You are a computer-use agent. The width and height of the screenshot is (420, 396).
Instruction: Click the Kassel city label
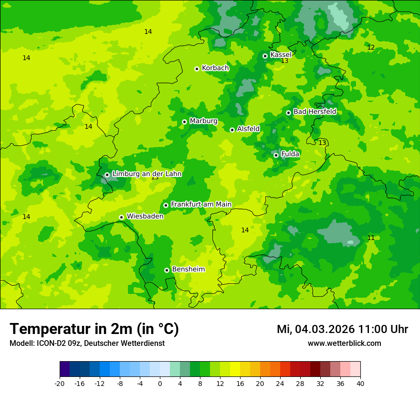coord(281,55)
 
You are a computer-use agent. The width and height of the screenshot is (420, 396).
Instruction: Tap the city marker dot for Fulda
coord(276,155)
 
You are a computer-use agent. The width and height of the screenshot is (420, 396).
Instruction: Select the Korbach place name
coord(215,68)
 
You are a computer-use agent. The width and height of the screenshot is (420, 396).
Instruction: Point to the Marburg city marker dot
coord(184,122)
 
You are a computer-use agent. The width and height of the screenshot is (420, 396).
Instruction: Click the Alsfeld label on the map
coord(248,129)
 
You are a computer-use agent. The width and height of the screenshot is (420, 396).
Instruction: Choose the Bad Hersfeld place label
coord(315,112)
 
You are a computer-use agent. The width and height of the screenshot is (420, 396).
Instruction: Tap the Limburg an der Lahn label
coord(147,174)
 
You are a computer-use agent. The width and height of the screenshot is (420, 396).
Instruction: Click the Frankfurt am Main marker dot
coord(166,205)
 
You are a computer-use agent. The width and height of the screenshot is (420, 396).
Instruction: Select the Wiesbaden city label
coord(145,217)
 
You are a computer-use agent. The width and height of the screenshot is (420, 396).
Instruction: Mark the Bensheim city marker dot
coord(167,270)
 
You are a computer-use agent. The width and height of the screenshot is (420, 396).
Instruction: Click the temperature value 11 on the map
coord(371,238)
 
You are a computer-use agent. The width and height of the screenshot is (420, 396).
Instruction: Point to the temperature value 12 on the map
coord(371,48)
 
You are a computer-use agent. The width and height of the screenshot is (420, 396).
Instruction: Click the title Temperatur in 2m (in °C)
coord(94,329)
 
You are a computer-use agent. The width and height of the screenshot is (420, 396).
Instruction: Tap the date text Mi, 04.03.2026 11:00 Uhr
coord(342,330)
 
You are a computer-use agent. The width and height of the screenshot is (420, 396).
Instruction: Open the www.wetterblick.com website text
coord(344,344)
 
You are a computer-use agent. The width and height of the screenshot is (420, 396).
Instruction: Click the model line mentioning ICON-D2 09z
coord(87,344)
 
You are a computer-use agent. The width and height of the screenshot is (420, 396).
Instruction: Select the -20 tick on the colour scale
coord(60,384)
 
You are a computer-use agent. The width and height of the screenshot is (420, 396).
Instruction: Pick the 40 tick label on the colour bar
coord(360,384)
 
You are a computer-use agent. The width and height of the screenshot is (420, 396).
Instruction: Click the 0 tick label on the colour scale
coord(160,384)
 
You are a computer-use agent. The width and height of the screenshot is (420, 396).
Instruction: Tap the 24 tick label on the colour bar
coord(280,384)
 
